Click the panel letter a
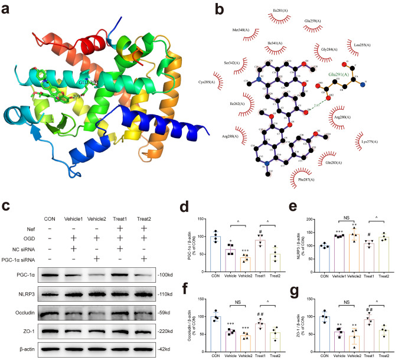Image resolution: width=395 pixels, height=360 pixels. pyautogui.click(x=6, y=9)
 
